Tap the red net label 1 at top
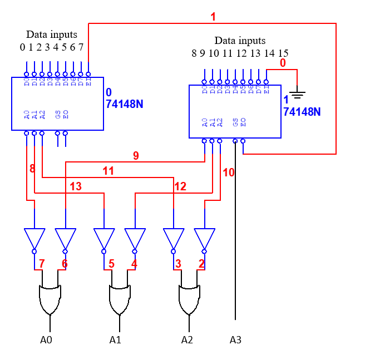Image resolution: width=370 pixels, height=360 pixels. (213, 17)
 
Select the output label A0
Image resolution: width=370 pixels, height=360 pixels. (47, 339)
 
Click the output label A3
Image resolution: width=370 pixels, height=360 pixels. (236, 339)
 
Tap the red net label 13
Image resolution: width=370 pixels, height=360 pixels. (75, 186)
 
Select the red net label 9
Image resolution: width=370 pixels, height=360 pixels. (136, 156)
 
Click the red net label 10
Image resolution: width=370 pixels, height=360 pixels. (229, 172)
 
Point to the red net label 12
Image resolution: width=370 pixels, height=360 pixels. (180, 186)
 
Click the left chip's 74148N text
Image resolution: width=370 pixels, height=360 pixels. (124, 103)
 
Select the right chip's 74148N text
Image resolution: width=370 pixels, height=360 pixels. (302, 111)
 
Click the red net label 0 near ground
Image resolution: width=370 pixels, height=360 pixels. (283, 63)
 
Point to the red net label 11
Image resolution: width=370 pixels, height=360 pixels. (108, 171)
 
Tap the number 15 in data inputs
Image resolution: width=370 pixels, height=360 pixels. (283, 53)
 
